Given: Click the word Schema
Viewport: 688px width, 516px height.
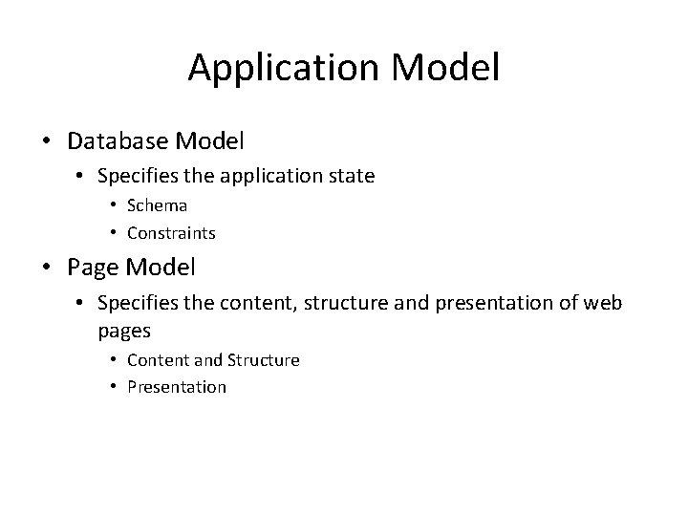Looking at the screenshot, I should click(x=157, y=204).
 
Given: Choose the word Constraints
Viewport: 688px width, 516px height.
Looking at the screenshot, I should click(x=171, y=232).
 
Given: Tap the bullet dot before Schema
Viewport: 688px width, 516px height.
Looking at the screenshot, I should click(x=113, y=204).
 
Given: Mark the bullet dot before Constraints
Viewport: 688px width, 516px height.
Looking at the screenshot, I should click(x=113, y=232).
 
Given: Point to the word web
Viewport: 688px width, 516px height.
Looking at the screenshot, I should click(x=602, y=305).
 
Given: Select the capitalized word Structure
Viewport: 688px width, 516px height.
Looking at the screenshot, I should click(x=263, y=359).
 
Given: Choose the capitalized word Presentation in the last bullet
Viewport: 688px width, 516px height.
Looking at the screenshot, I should click(x=176, y=387).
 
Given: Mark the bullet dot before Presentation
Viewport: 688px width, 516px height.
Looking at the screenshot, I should click(x=113, y=387).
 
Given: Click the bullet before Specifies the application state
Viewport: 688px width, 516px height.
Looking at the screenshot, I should click(x=81, y=176).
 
